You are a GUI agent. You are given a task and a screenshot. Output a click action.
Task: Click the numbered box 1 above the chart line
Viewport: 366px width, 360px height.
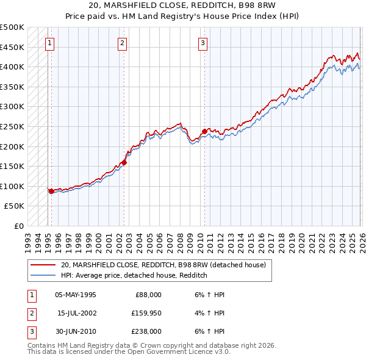click(x=49, y=43)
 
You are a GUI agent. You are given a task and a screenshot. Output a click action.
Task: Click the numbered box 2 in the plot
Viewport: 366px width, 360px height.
click(x=123, y=43)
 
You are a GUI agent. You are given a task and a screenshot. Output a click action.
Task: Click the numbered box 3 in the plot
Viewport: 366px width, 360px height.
click(x=203, y=43)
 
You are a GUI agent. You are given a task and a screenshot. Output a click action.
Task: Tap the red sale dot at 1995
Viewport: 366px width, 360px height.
click(x=51, y=191)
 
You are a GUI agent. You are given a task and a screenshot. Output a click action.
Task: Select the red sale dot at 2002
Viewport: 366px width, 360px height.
click(x=124, y=162)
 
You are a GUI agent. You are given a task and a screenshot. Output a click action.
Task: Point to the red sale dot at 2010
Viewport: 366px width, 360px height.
click(x=204, y=131)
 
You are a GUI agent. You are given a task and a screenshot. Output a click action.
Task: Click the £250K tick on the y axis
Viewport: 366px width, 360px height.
click(x=12, y=126)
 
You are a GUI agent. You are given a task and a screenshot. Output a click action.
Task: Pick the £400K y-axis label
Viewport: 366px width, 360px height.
click(x=12, y=67)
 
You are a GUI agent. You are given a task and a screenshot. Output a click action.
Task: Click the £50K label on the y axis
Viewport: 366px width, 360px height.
click(x=15, y=206)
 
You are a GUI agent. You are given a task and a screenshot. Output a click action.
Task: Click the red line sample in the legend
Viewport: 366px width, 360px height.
click(x=43, y=265)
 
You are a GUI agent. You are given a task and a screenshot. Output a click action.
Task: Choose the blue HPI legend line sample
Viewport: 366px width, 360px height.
click(x=43, y=276)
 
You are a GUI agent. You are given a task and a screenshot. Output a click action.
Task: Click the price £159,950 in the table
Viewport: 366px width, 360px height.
click(x=146, y=313)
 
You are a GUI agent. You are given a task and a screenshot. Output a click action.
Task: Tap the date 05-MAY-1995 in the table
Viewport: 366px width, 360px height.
click(x=75, y=295)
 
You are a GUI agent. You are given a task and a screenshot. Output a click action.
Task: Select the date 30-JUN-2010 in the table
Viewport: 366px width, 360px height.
click(x=75, y=331)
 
